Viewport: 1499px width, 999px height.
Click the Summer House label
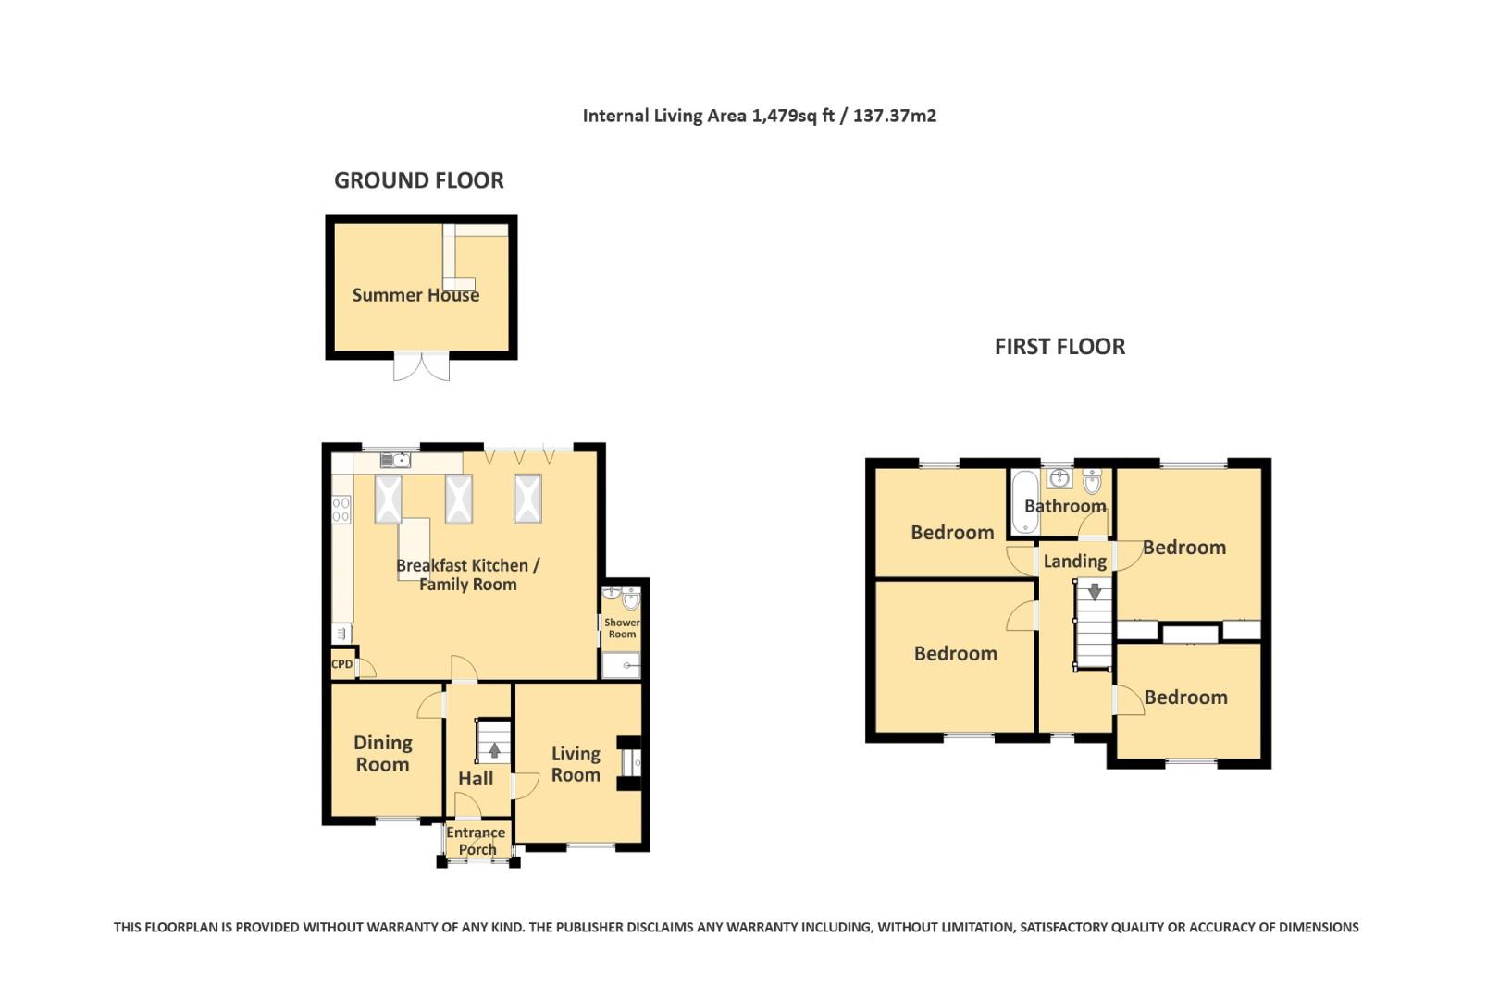415,295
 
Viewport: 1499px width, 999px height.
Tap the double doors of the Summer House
422,366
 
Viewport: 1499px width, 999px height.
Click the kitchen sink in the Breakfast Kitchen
395,460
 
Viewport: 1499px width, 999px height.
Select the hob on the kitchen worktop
341,508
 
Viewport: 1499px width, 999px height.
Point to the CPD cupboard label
341,664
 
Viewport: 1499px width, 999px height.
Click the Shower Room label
622,628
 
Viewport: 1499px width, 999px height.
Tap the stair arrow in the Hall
494,750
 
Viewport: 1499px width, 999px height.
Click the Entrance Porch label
477,841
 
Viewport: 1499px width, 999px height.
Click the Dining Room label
382,753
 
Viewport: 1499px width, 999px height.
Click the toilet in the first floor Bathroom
1092,481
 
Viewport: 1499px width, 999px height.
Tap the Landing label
1074,561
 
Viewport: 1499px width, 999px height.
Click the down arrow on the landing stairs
1095,591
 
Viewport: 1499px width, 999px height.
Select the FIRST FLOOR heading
1059,347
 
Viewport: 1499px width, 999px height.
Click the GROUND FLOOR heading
418,180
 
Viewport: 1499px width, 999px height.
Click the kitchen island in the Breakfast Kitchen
415,549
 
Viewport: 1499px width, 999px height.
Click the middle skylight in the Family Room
459,499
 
